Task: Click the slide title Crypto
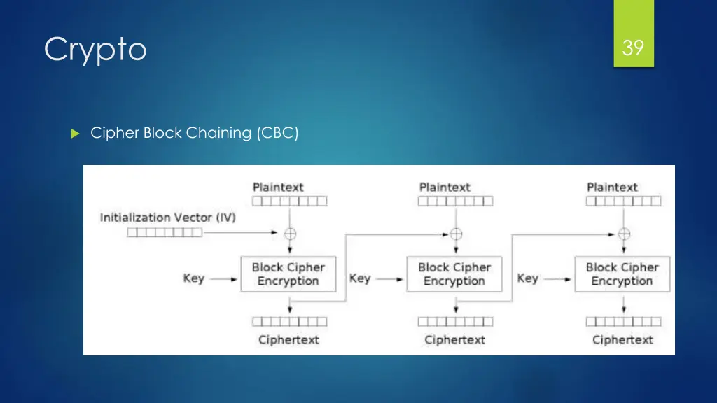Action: pyautogui.click(x=95, y=50)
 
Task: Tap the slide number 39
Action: pyautogui.click(x=633, y=48)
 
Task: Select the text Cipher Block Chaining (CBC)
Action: pyautogui.click(x=194, y=133)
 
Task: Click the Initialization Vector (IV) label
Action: pyautogui.click(x=168, y=218)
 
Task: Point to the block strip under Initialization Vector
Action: pyautogui.click(x=165, y=232)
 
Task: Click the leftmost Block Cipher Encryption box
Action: pyautogui.click(x=288, y=274)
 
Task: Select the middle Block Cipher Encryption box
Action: pyautogui.click(x=454, y=274)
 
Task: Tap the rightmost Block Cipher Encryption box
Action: pyautogui.click(x=622, y=274)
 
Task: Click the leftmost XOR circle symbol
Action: pyautogui.click(x=289, y=233)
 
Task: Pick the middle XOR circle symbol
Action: pyautogui.click(x=456, y=233)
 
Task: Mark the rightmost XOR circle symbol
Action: pyautogui.click(x=624, y=233)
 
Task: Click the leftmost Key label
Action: pyautogui.click(x=194, y=278)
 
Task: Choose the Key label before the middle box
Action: pyautogui.click(x=360, y=278)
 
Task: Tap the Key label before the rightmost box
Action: pyautogui.click(x=528, y=278)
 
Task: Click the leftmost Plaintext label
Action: pyautogui.click(x=278, y=188)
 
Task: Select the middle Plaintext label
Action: pyautogui.click(x=445, y=188)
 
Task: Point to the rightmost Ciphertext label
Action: pyautogui.click(x=622, y=340)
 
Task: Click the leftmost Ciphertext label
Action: pyautogui.click(x=288, y=340)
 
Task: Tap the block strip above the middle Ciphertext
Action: pyautogui.click(x=455, y=322)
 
